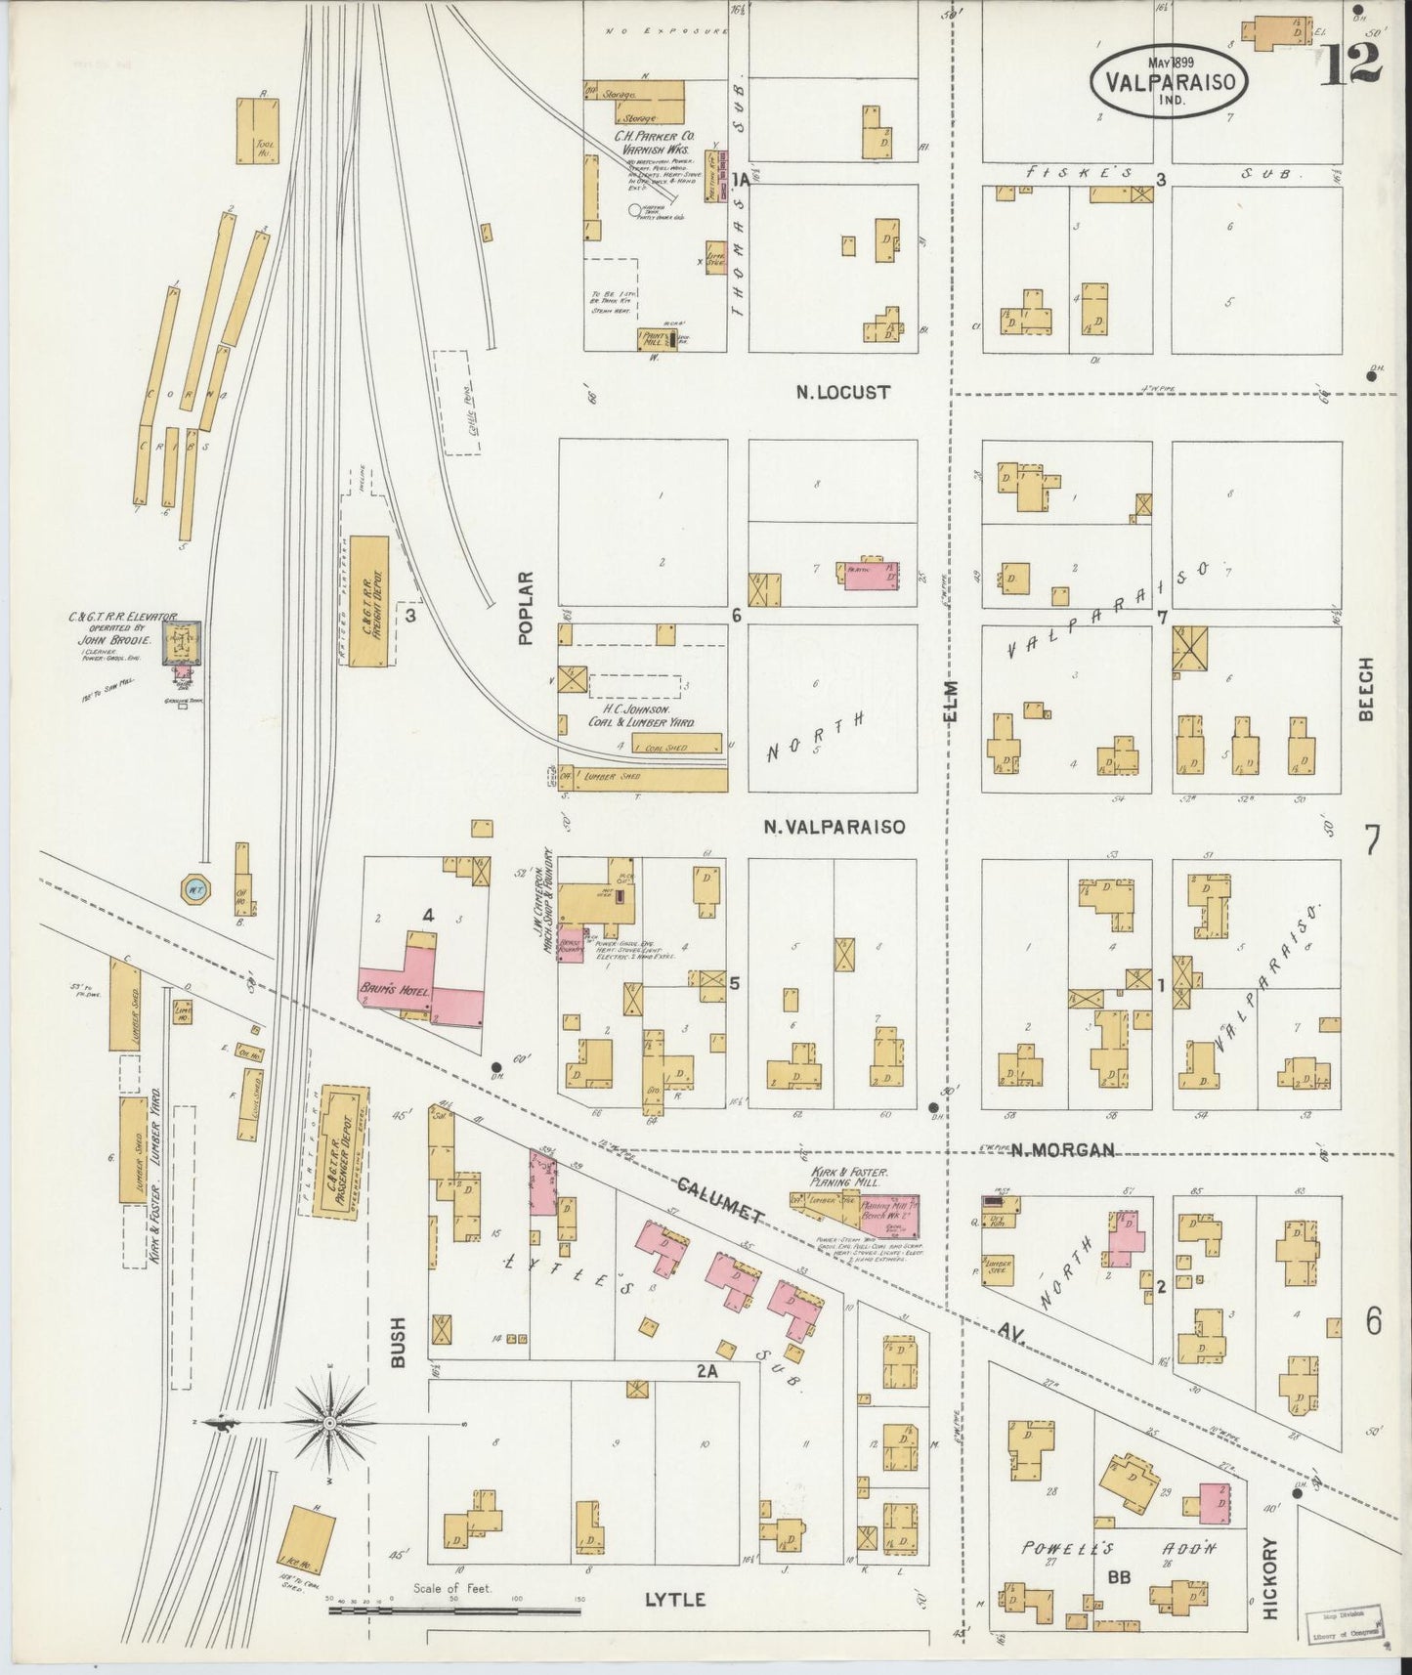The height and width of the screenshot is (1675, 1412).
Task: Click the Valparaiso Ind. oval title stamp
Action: [x=1169, y=81]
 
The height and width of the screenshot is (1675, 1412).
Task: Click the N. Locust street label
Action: [x=842, y=392]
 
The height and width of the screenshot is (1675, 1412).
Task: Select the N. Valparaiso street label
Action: [x=834, y=827]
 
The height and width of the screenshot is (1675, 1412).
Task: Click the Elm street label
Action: [x=951, y=701]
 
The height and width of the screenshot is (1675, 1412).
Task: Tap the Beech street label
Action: [x=1365, y=688]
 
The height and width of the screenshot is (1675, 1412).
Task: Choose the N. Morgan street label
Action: [x=1062, y=1150]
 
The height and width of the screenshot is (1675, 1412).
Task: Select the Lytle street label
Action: [x=674, y=1600]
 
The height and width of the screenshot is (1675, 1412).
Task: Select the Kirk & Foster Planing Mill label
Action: [x=847, y=1176]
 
